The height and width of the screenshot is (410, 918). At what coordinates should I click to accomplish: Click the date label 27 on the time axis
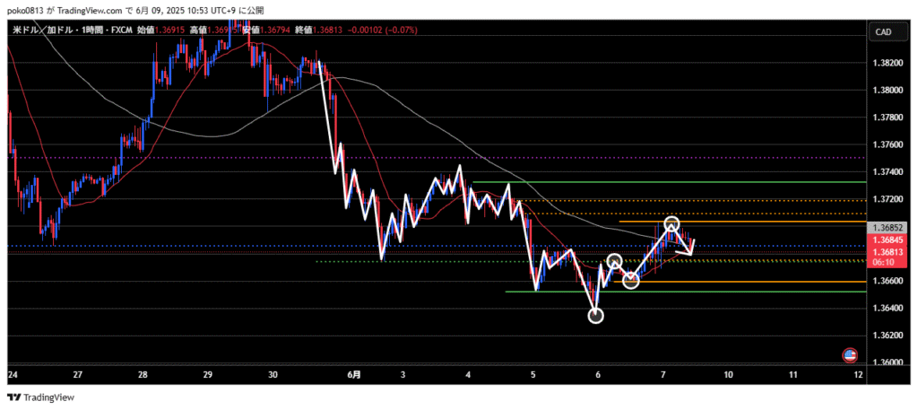point(78,374)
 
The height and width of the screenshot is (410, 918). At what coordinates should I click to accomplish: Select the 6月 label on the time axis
point(354,374)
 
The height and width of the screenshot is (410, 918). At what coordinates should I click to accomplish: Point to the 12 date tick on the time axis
point(859,374)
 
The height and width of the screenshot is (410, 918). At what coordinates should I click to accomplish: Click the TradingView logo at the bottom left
point(42,397)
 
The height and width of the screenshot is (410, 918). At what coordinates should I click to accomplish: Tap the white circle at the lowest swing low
point(596,315)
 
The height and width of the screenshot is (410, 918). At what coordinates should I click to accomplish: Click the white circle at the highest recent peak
point(672,223)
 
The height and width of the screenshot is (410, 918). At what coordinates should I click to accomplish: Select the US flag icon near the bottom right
point(850,355)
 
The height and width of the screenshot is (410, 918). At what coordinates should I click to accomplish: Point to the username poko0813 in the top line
point(26,9)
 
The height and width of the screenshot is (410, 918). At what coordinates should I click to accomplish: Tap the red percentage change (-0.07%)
point(399,30)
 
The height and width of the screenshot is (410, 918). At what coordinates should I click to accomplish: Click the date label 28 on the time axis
point(143,374)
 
